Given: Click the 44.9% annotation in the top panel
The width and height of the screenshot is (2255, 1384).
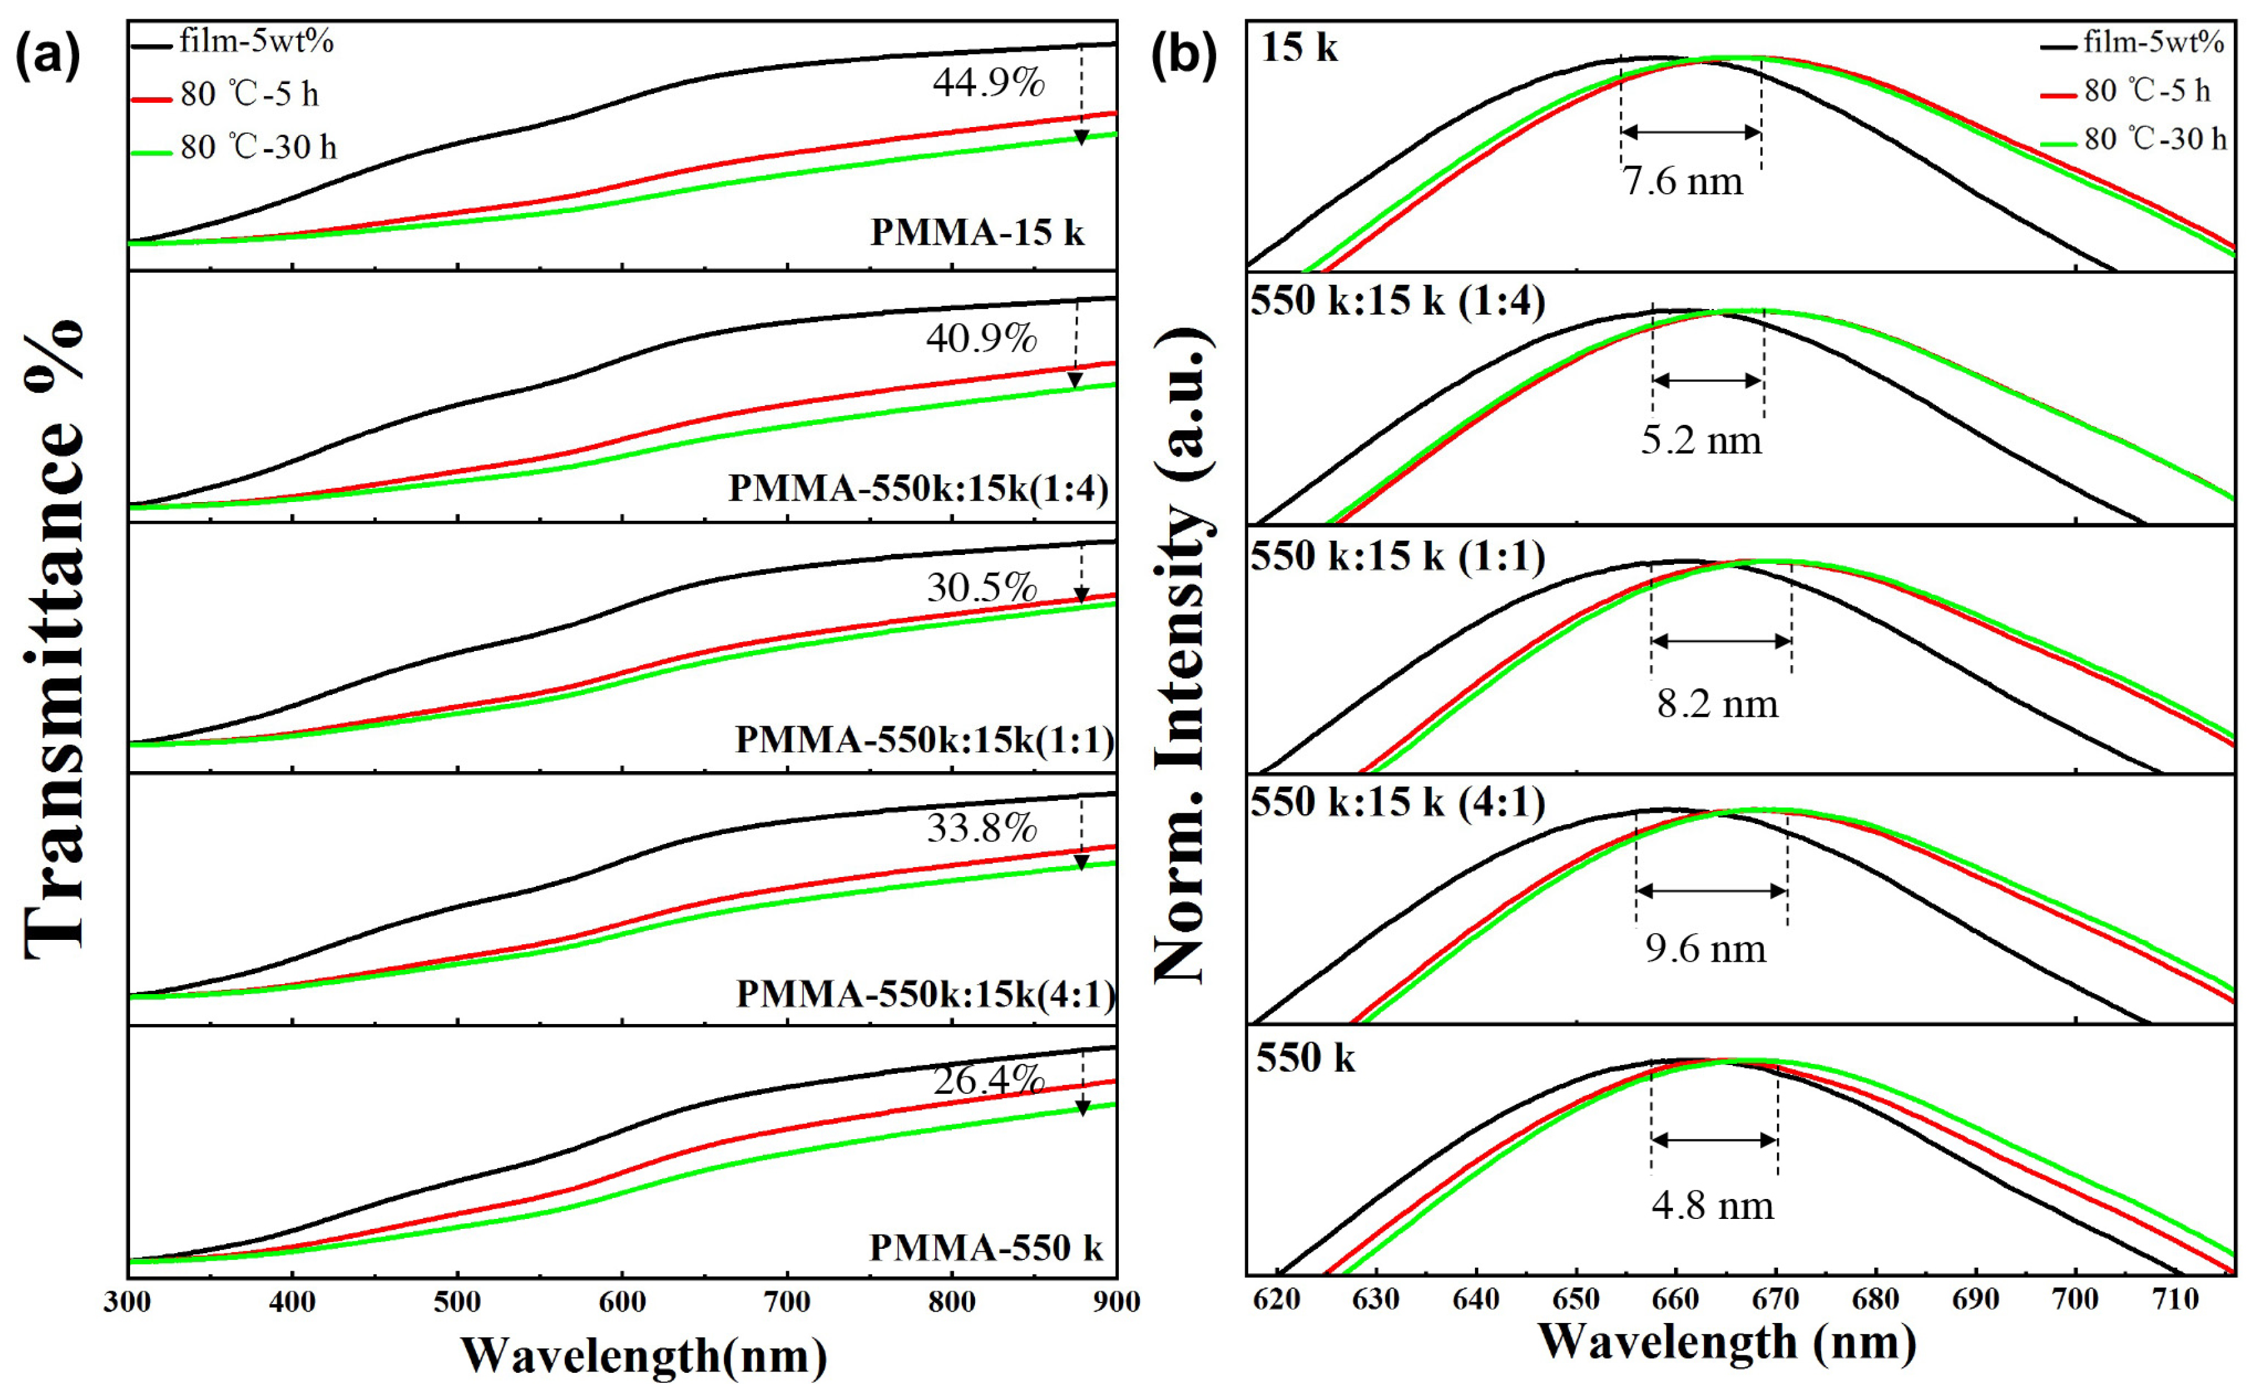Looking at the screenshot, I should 989,83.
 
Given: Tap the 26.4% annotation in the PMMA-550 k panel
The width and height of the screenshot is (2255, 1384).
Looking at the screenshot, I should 989,1081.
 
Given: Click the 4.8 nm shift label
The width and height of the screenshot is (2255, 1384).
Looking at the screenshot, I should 1712,1205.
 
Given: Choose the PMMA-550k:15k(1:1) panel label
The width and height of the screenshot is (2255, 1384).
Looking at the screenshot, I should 925,739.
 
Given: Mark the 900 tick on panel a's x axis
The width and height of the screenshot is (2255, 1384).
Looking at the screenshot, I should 1114,1302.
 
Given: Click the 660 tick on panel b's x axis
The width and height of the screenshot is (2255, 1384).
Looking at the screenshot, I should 1675,1301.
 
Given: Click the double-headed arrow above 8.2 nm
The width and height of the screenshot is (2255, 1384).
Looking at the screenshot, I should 1721,642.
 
